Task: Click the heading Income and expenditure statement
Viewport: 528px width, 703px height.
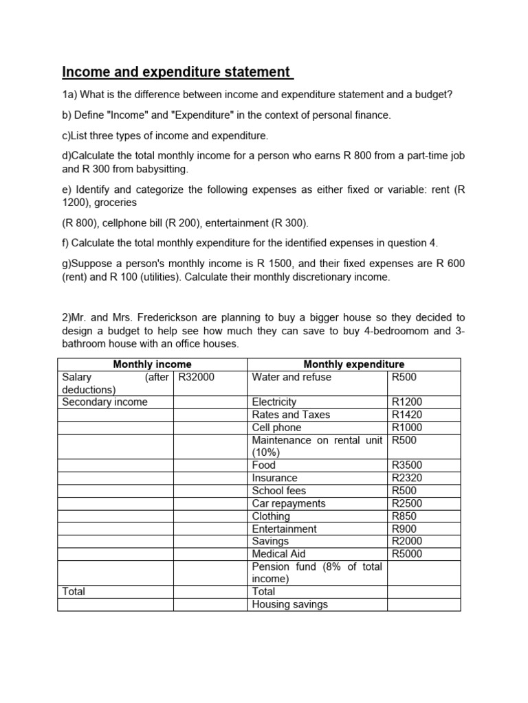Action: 177,72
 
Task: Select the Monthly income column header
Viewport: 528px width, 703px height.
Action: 152,364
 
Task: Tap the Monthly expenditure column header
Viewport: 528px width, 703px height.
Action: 353,364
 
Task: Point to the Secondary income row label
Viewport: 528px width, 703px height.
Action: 104,402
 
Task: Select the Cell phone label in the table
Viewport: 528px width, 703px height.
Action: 276,427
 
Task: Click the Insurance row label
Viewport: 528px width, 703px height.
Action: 275,478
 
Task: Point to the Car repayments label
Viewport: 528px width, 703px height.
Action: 289,503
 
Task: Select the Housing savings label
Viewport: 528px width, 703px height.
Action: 290,604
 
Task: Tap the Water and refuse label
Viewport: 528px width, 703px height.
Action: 291,377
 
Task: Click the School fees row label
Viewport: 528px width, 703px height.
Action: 279,491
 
